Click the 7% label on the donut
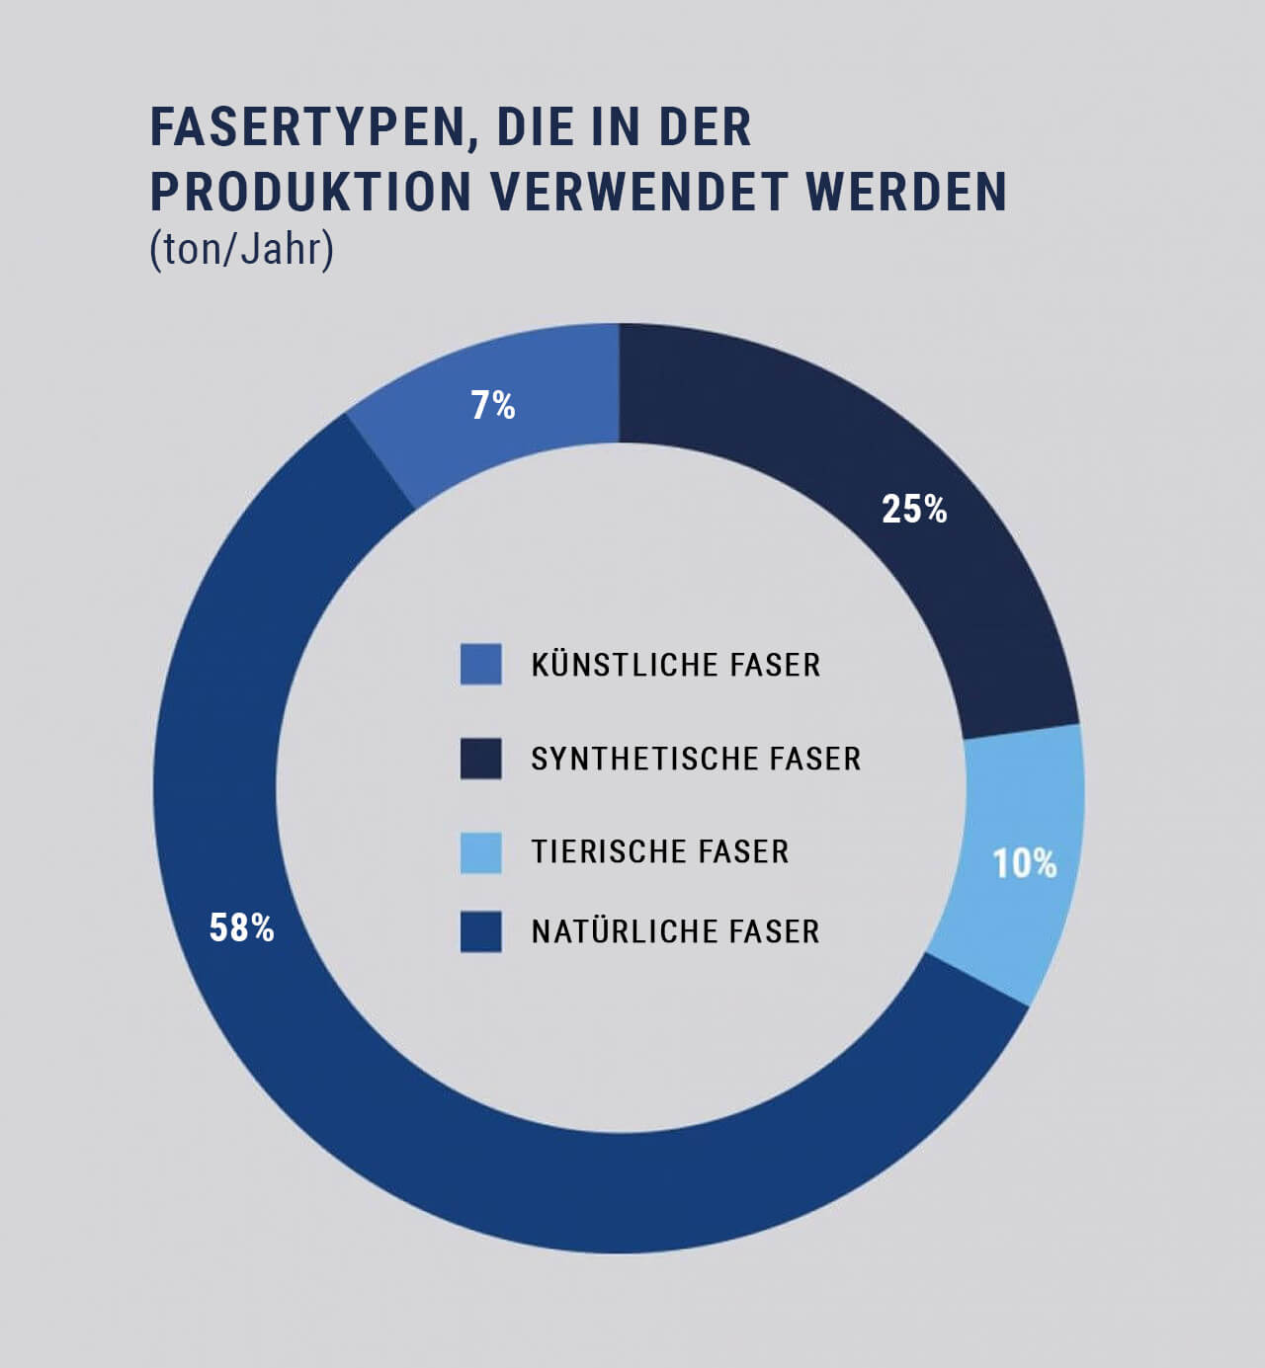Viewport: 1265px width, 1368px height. (x=492, y=406)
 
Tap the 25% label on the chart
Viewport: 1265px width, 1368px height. (x=914, y=510)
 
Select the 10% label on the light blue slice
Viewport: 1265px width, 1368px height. (x=1024, y=864)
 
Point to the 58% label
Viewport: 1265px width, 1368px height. (x=241, y=928)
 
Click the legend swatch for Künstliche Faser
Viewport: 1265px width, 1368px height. (x=480, y=665)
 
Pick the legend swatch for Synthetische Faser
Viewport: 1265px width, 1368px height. (x=480, y=759)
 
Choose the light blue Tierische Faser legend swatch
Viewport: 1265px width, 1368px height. (x=480, y=852)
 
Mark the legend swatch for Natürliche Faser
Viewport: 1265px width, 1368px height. (x=480, y=931)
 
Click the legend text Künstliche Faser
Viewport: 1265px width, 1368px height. (x=676, y=665)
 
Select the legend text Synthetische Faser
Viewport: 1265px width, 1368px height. (x=696, y=759)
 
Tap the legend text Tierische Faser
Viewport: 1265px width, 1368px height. (x=660, y=851)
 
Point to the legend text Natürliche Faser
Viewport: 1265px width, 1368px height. (x=676, y=931)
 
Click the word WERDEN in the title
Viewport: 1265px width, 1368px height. (x=906, y=192)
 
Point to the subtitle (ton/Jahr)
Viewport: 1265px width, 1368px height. (x=242, y=249)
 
